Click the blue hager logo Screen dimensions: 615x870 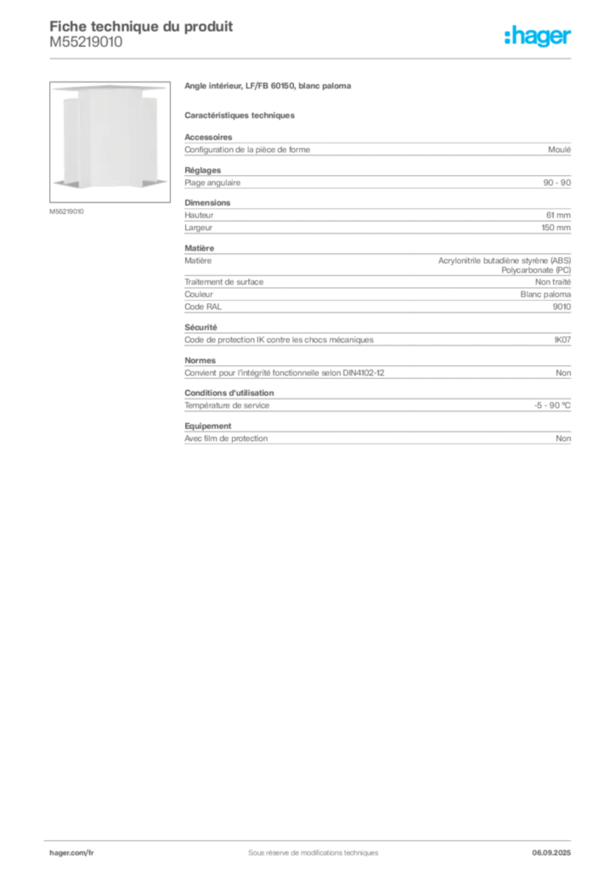tap(539, 37)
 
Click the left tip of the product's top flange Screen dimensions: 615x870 tap(54, 88)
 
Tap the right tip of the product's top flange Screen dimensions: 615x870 tap(167, 88)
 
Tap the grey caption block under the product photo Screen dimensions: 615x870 tap(68, 211)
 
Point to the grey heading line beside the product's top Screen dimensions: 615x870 tap(268, 88)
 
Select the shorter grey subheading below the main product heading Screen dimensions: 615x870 tap(241, 115)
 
